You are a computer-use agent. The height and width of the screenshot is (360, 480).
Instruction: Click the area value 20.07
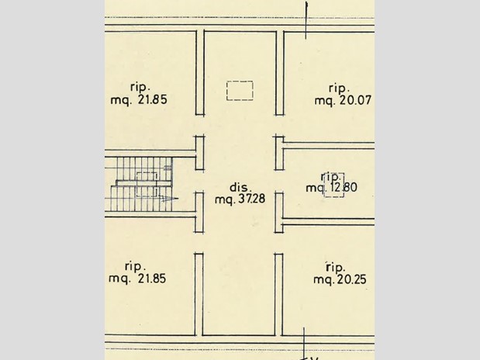pyautogui.click(x=355, y=100)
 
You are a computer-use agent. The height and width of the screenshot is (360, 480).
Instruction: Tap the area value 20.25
pyautogui.click(x=351, y=279)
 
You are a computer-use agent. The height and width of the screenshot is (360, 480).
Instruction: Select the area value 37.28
pyautogui.click(x=252, y=199)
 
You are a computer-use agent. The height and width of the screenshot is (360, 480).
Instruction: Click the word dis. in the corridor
pyautogui.click(x=240, y=187)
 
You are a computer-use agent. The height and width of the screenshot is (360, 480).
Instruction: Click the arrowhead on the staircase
pyautogui.click(x=170, y=199)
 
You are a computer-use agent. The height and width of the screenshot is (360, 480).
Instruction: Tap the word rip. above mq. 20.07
pyautogui.click(x=339, y=88)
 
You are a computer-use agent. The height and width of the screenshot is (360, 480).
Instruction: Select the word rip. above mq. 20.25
pyautogui.click(x=336, y=268)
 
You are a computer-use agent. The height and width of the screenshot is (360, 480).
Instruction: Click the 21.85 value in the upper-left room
pyautogui.click(x=153, y=99)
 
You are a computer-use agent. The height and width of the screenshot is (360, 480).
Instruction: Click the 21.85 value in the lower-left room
pyautogui.click(x=152, y=279)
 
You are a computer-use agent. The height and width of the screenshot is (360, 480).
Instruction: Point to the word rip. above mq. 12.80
pyautogui.click(x=330, y=177)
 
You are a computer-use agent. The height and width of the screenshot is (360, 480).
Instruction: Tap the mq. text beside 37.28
pyautogui.click(x=225, y=199)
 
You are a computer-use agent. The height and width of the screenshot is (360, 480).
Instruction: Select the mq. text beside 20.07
pyautogui.click(x=325, y=101)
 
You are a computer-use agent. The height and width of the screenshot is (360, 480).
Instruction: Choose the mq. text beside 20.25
pyautogui.click(x=324, y=280)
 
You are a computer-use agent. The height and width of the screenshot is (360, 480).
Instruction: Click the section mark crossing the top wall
pyautogui.click(x=306, y=20)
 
